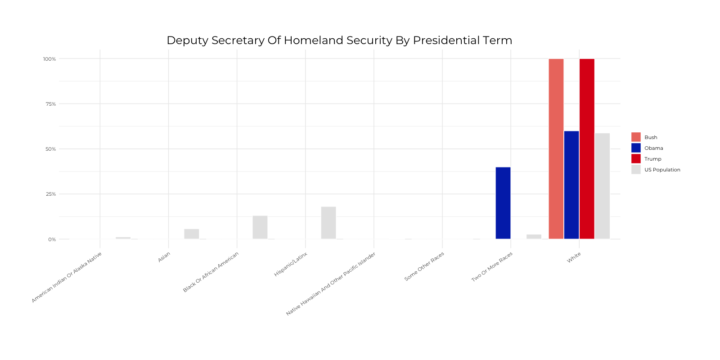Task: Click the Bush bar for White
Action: coord(556,148)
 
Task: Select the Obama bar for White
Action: coord(571,184)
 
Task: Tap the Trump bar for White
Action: coord(587,148)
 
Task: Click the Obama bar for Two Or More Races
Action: coord(503,203)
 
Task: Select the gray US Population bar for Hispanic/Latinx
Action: coord(328,223)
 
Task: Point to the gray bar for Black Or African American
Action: coord(260,227)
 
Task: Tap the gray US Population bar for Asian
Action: coord(191,234)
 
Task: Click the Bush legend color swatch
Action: coord(635,137)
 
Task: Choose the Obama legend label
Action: coord(653,148)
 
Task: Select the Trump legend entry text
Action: coord(652,159)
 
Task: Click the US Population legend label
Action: coord(662,170)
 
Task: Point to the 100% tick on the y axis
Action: coord(49,59)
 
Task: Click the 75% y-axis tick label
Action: coord(50,104)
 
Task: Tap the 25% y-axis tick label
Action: coord(50,194)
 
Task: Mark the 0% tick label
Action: coord(52,239)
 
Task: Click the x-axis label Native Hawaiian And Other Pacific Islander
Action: coord(331,284)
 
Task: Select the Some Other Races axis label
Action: coord(424,266)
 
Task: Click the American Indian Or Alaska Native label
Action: coord(67,277)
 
